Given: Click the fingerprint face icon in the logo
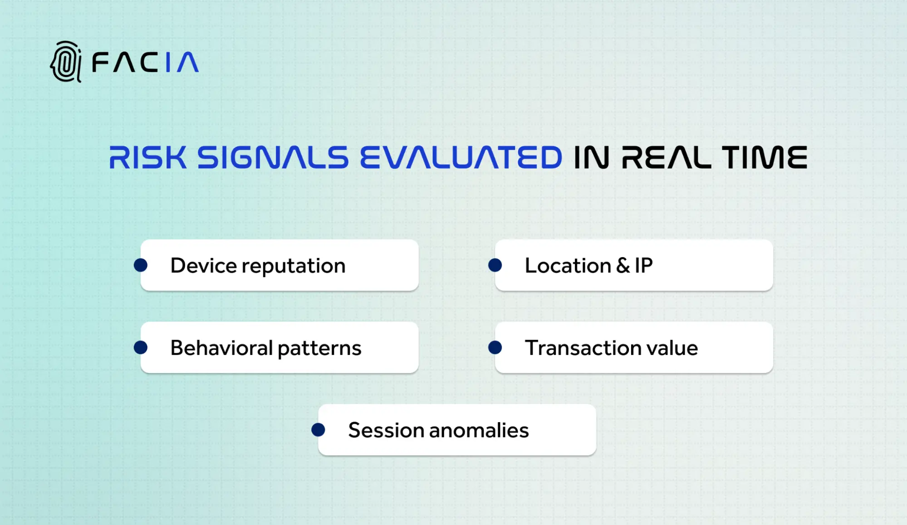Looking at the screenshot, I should (66, 62).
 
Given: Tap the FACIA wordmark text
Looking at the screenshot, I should (145, 63).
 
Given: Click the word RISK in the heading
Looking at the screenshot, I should (147, 158).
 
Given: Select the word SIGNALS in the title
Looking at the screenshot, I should (272, 158).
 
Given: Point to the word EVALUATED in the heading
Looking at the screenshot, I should (461, 158).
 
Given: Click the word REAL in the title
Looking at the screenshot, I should (666, 158).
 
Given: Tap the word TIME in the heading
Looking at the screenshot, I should (765, 158).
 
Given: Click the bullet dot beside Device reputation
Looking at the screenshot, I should (141, 265).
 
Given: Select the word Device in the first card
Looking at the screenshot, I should (203, 266).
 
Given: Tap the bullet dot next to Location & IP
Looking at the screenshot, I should (495, 265).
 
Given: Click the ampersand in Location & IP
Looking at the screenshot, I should (623, 266).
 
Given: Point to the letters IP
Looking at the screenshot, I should (643, 266).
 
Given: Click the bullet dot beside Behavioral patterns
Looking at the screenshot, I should (141, 348).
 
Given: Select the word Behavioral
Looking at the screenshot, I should (221, 348).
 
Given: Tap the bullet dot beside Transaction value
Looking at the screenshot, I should (495, 348).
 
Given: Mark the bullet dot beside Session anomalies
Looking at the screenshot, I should (318, 430).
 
